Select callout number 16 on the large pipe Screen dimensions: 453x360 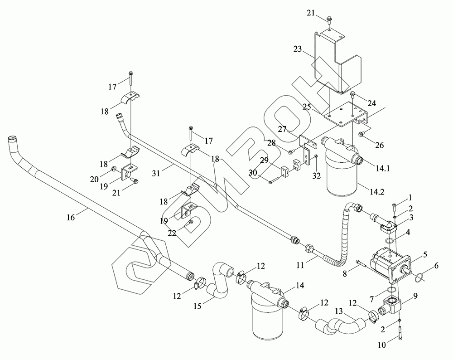pos(71,217)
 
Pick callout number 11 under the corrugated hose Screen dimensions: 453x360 pos(300,265)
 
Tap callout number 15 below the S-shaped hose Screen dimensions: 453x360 pos(198,306)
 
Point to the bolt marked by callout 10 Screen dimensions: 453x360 pos(401,332)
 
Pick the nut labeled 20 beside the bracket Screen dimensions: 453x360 pos(115,168)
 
